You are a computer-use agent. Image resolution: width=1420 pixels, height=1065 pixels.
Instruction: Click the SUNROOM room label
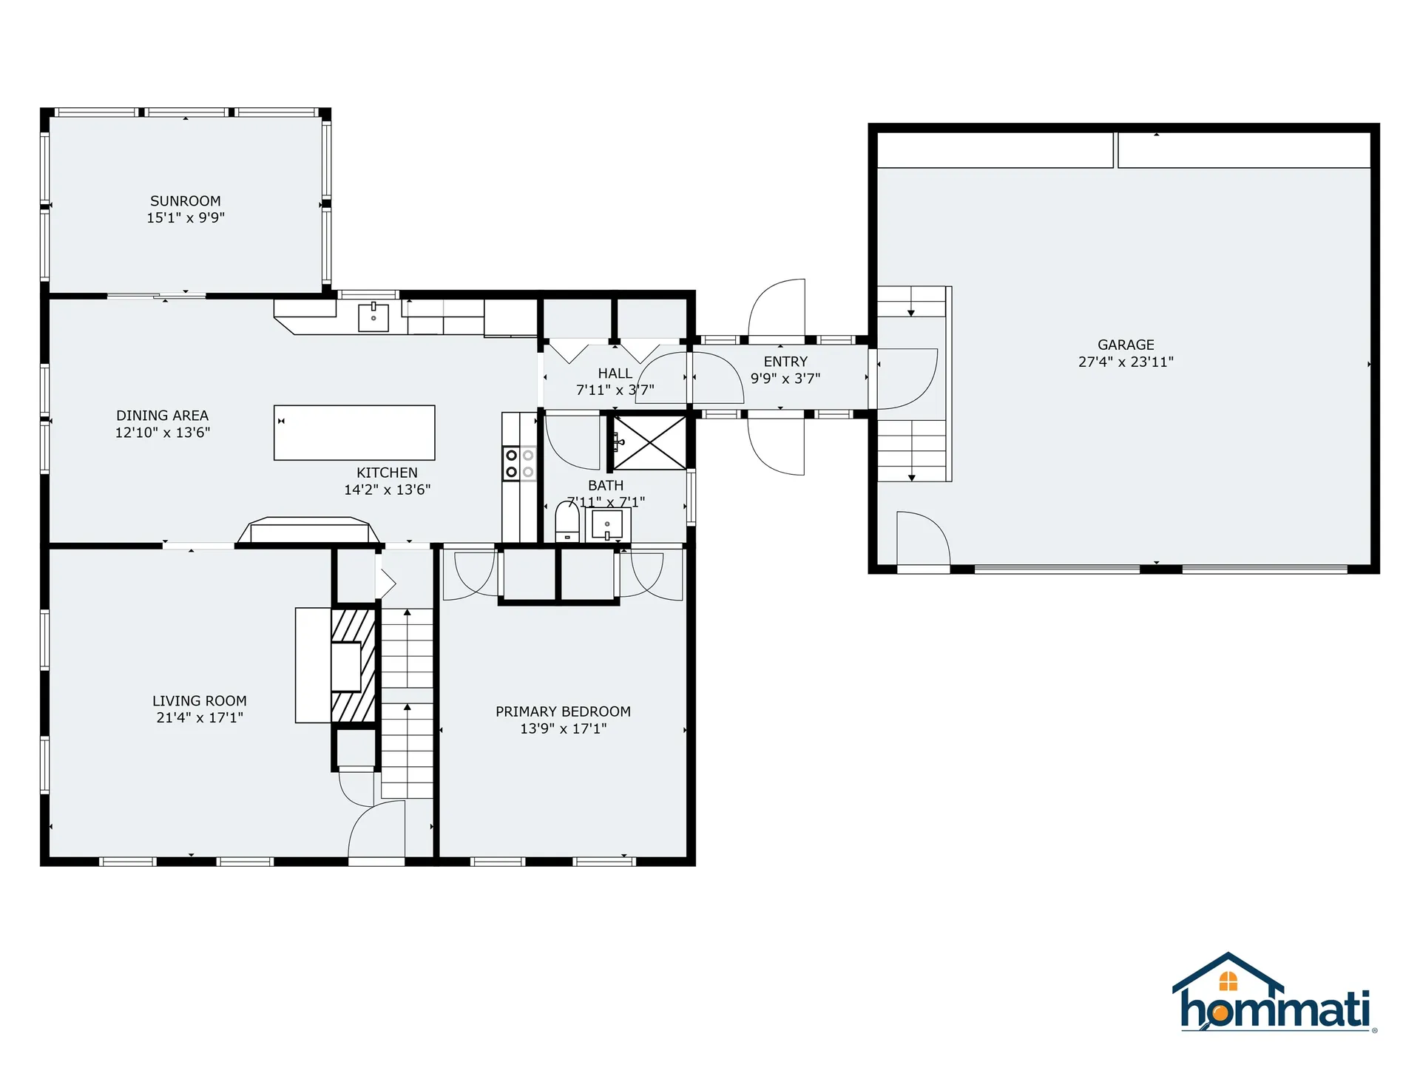click(185, 201)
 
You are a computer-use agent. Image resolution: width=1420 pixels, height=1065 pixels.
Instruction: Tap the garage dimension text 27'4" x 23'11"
click(1126, 362)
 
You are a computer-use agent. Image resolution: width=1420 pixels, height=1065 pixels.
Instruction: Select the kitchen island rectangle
click(354, 433)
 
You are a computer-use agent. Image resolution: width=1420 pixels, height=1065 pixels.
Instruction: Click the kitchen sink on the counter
click(373, 317)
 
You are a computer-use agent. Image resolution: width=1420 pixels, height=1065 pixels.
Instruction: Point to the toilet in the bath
click(567, 521)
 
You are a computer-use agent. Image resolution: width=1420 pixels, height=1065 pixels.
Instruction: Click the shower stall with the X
click(649, 443)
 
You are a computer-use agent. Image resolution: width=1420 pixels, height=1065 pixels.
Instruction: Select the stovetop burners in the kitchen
click(519, 464)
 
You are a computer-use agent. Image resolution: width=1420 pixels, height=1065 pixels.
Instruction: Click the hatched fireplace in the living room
click(354, 666)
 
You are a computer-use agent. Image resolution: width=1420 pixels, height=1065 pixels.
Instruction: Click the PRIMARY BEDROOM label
click(563, 711)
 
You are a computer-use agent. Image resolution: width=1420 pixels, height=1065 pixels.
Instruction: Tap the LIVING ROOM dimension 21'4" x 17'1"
click(200, 717)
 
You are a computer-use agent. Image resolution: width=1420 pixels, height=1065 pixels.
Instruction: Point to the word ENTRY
click(785, 362)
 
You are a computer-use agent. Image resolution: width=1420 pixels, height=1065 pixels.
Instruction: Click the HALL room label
click(615, 373)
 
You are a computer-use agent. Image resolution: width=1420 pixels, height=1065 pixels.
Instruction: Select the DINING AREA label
click(162, 416)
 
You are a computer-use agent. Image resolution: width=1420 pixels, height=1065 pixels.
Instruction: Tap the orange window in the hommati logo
click(1228, 981)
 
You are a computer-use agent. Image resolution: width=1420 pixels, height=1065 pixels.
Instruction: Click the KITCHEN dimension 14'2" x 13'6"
click(387, 490)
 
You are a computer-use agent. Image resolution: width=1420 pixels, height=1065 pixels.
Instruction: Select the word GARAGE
click(1126, 345)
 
